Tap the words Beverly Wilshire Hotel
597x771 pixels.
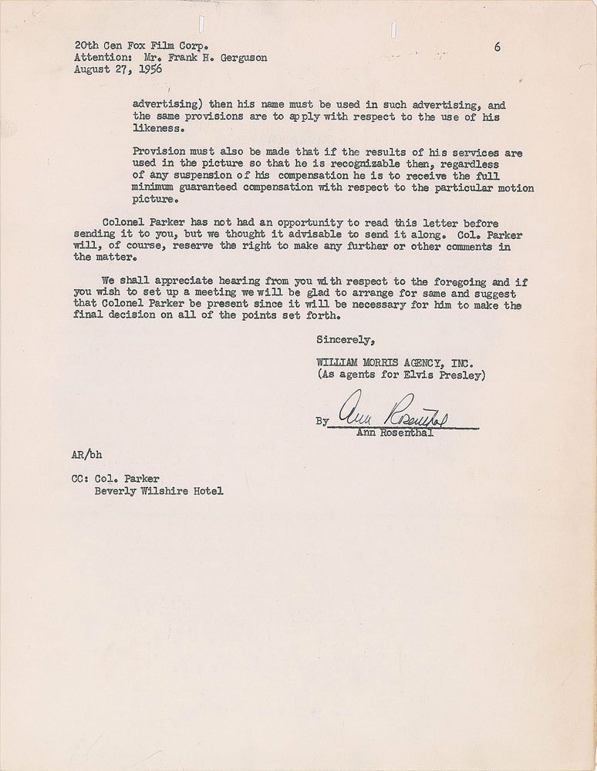tap(160, 491)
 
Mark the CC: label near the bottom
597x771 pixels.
tap(81, 479)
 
